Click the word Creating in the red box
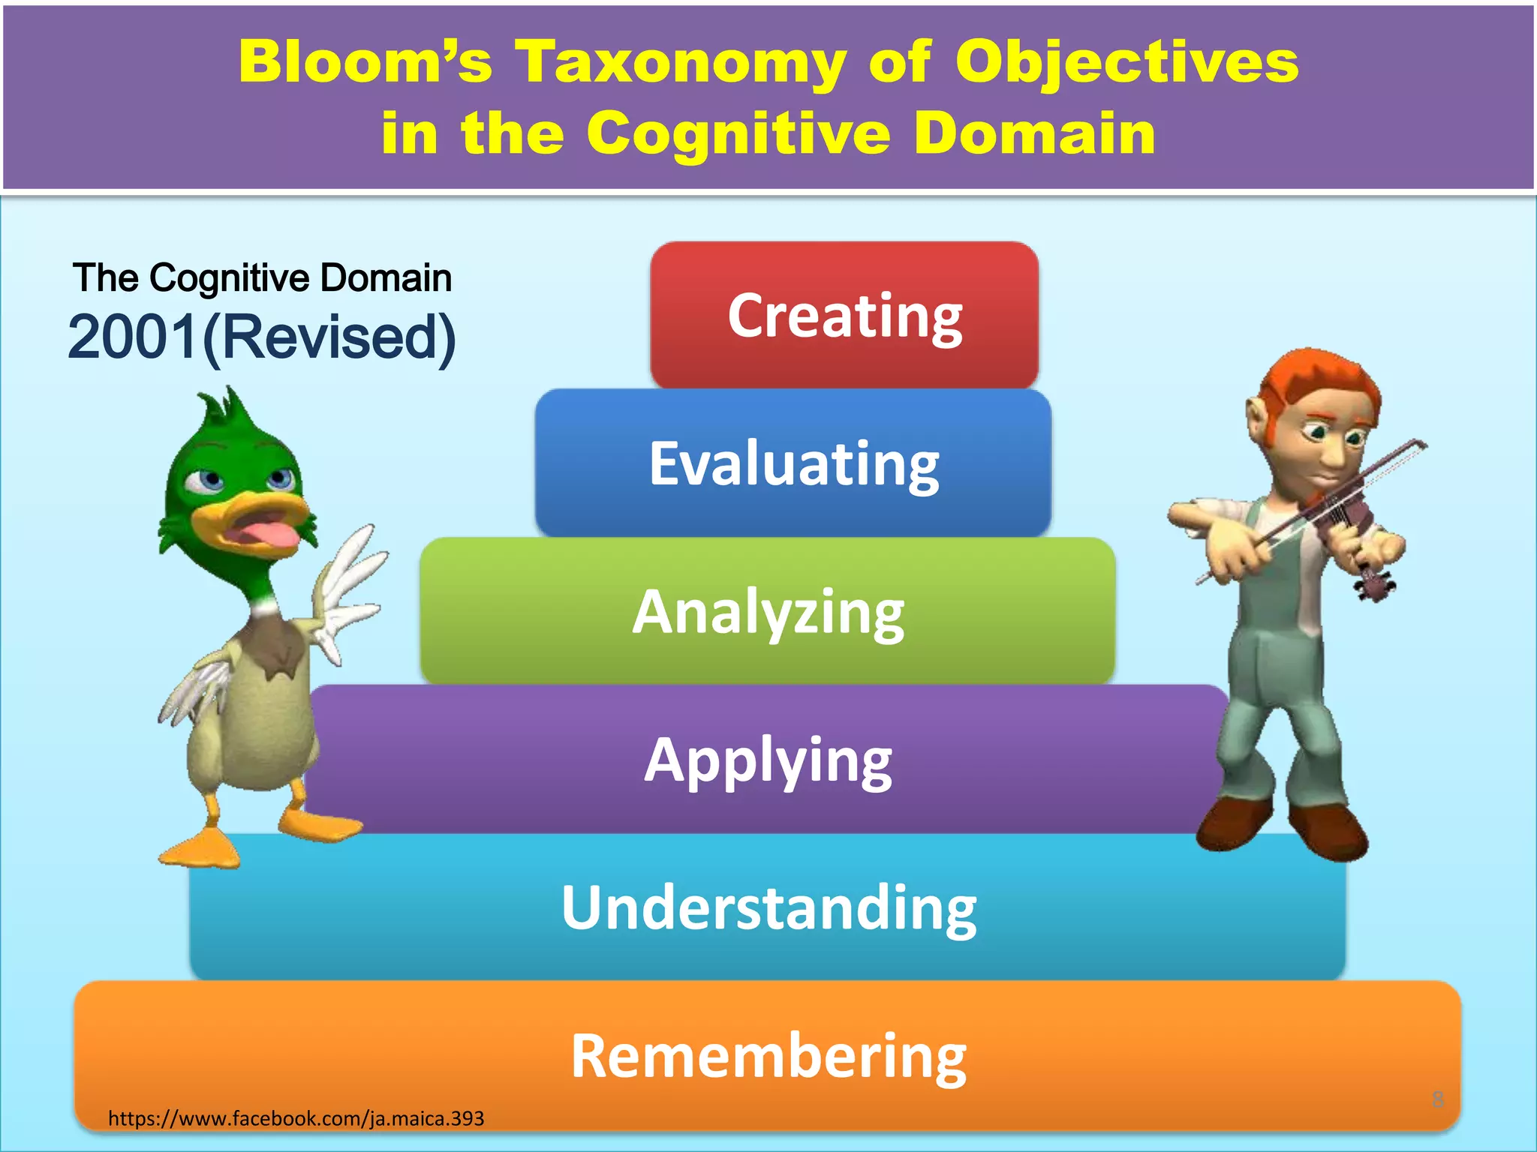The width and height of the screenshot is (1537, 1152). (x=845, y=316)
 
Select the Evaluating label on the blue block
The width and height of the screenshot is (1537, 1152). (x=794, y=464)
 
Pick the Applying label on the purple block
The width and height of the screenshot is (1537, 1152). (x=768, y=760)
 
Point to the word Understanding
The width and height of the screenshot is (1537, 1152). (x=768, y=907)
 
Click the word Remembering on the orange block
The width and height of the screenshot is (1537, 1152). (x=768, y=1056)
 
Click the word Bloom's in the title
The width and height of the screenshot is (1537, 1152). (x=365, y=61)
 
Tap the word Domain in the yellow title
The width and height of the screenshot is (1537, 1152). (x=1036, y=133)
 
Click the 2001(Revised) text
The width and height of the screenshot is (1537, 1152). (x=262, y=337)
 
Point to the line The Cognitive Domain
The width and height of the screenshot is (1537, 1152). (x=262, y=278)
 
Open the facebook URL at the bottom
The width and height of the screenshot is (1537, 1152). (x=296, y=1118)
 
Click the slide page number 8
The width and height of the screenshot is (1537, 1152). (x=1437, y=1099)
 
